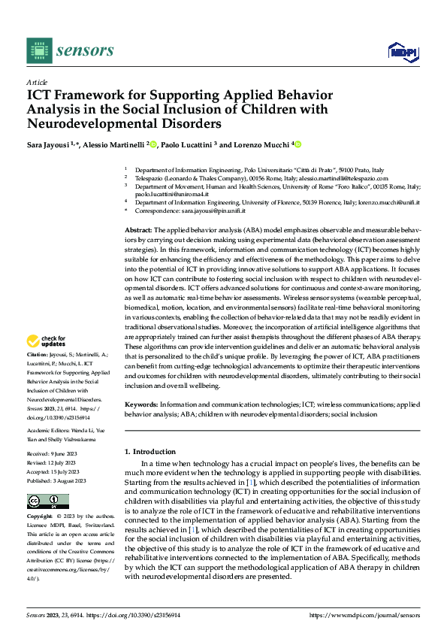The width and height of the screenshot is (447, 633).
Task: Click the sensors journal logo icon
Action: pos(40,50)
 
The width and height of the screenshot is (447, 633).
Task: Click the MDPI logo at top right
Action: pos(402,50)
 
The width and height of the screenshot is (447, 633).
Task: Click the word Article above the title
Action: pos(37,81)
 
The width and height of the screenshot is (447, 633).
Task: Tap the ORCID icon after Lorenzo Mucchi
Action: pos(297,144)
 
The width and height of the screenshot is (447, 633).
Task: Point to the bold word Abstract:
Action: pos(137,228)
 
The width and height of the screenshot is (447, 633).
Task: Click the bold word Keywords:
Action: pos(140,404)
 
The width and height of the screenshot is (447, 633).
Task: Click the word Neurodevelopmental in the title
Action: pos(89,123)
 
